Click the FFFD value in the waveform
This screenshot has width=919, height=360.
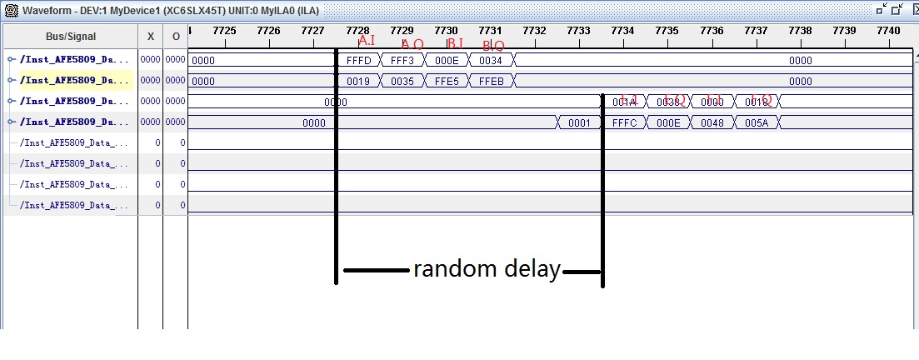(x=358, y=60)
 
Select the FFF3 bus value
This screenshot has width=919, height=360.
(x=402, y=60)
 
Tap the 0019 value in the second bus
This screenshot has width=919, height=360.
(x=358, y=81)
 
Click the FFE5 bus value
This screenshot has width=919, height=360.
(x=447, y=81)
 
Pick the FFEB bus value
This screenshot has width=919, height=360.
(x=491, y=81)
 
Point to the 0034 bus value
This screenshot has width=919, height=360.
(x=491, y=60)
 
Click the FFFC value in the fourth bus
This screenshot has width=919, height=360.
(x=624, y=122)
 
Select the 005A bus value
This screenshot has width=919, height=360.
(x=757, y=122)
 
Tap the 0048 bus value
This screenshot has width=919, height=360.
(x=712, y=122)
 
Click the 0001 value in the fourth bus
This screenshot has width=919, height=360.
(x=579, y=122)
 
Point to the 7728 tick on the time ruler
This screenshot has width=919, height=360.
(x=357, y=30)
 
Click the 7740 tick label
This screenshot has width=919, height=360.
(x=888, y=30)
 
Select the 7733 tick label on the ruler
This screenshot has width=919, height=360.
(x=578, y=30)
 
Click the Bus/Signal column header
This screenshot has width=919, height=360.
(x=71, y=37)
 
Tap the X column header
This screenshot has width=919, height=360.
(x=150, y=37)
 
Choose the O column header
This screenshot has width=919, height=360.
(x=176, y=37)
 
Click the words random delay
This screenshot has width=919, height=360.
(x=487, y=269)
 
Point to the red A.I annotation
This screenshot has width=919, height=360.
(x=367, y=41)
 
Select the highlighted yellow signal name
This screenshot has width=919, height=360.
(x=75, y=81)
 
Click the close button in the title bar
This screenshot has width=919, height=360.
(x=909, y=10)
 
